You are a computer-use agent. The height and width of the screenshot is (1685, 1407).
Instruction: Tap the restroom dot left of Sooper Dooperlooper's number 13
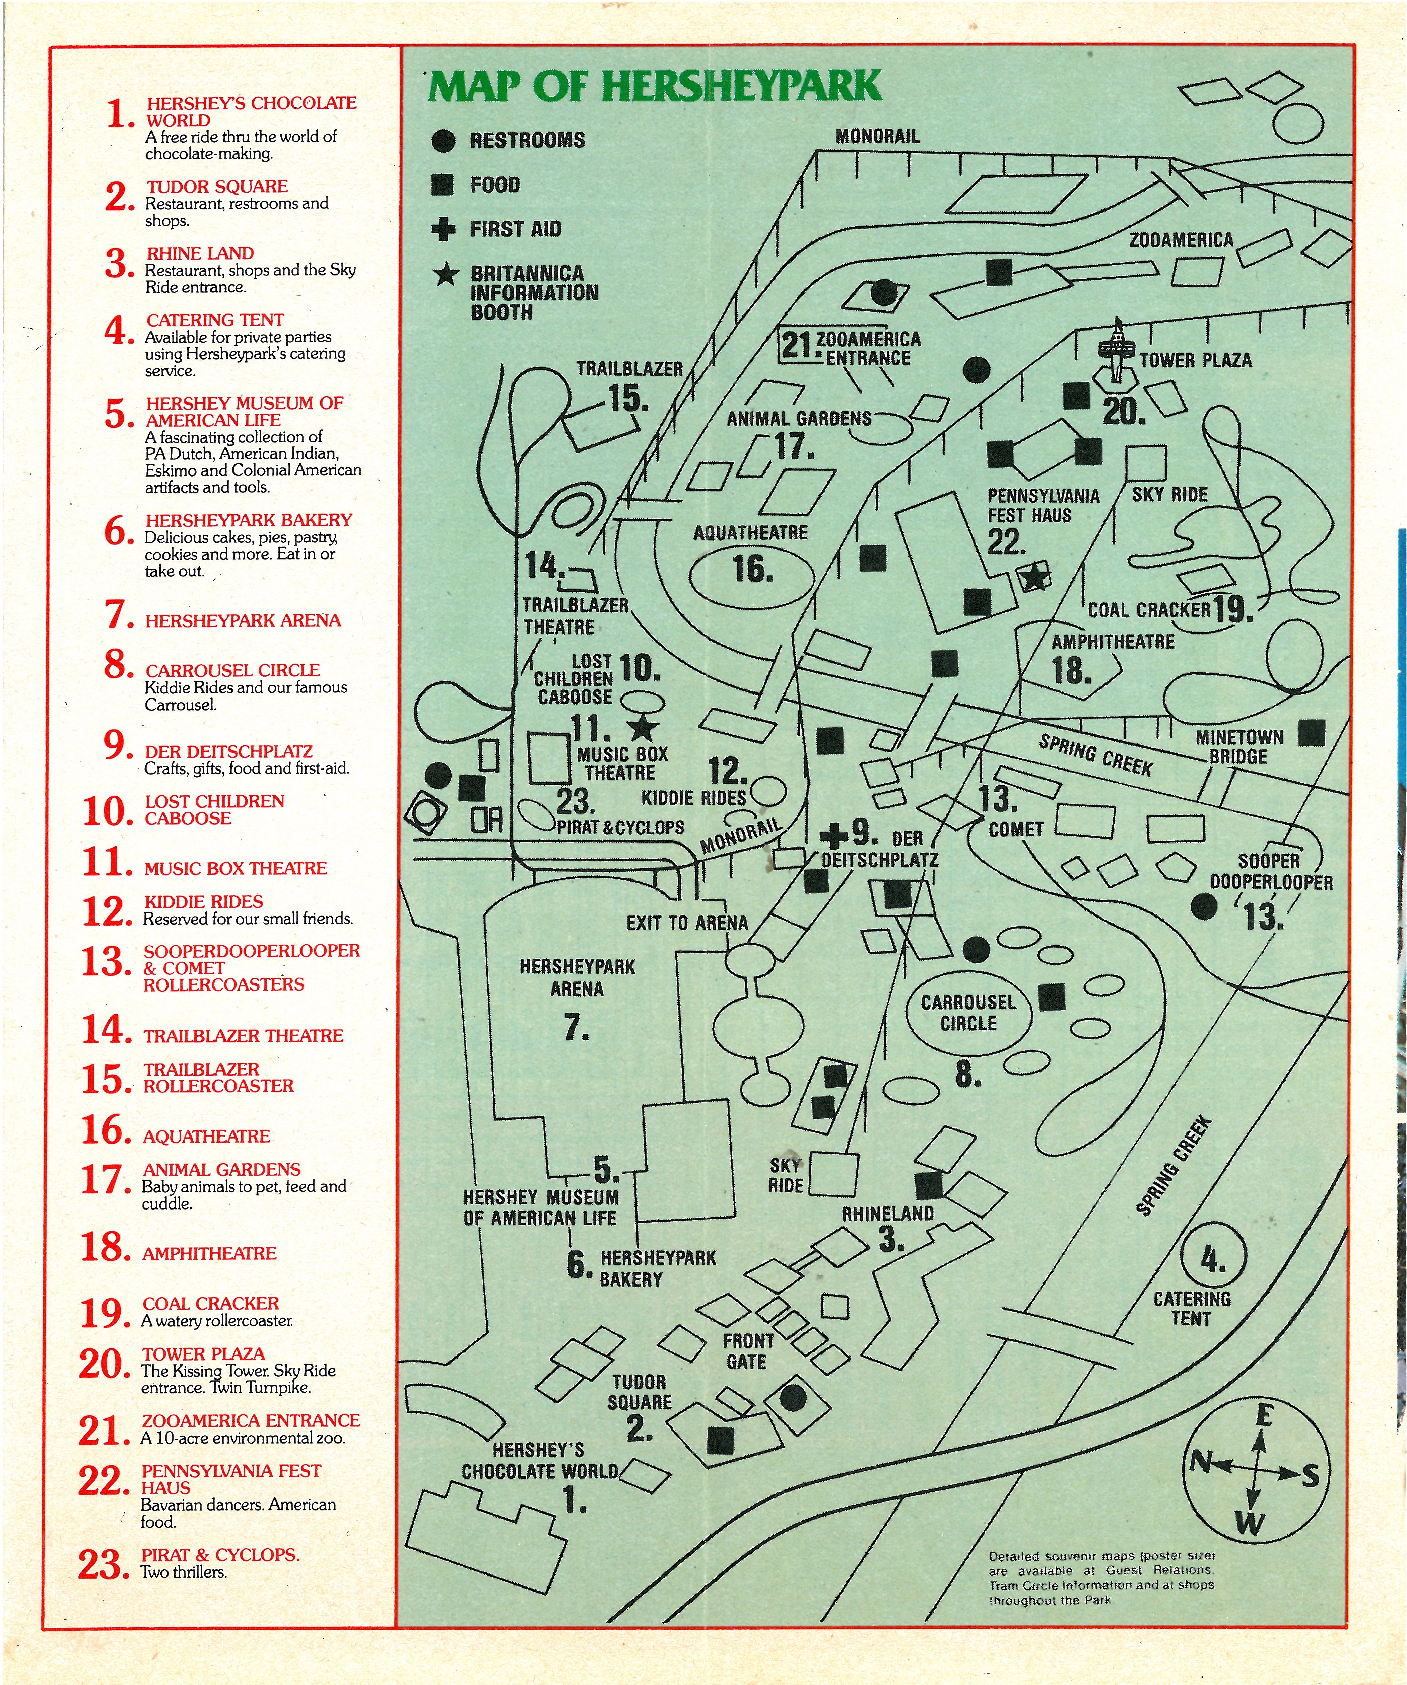(x=1203, y=907)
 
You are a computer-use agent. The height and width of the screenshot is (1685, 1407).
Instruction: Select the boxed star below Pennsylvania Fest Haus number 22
(x=1034, y=577)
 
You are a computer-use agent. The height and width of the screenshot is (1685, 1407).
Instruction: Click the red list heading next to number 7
(x=243, y=620)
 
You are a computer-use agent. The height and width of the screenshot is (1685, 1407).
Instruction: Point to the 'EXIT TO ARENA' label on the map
(x=687, y=923)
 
